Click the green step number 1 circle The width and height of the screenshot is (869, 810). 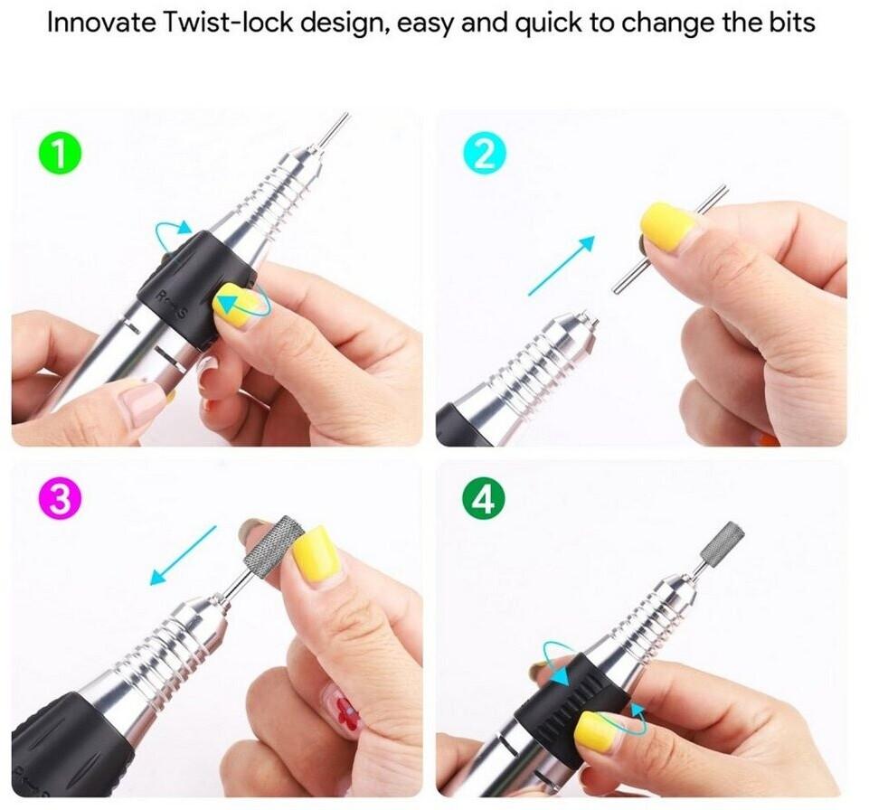[60, 155]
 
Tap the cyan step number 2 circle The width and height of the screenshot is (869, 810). [485, 155]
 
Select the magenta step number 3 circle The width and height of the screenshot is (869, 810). [60, 499]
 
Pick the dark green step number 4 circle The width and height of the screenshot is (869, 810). [484, 499]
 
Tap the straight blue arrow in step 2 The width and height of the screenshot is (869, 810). [562, 266]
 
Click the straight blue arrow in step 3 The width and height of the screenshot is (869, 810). [183, 556]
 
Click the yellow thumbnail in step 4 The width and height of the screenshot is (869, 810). [600, 730]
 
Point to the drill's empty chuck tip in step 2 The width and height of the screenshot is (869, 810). [593, 320]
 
